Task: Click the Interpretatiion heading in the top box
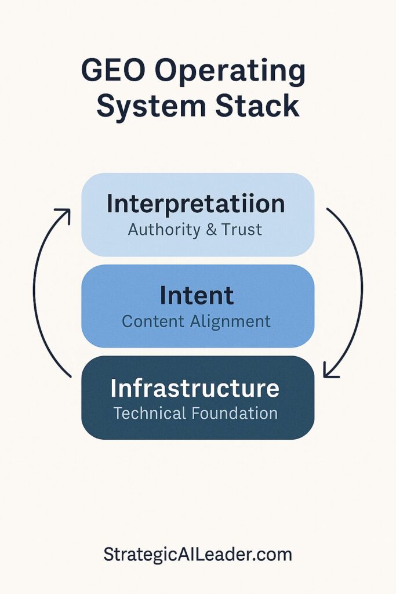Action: [x=196, y=204]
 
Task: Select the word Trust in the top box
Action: [x=241, y=229]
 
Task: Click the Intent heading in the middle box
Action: [x=197, y=296]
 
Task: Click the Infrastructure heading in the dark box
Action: [x=195, y=388]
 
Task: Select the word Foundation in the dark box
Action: [x=234, y=413]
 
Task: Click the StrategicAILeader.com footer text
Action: [x=198, y=555]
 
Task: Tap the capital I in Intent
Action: [x=164, y=296]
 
